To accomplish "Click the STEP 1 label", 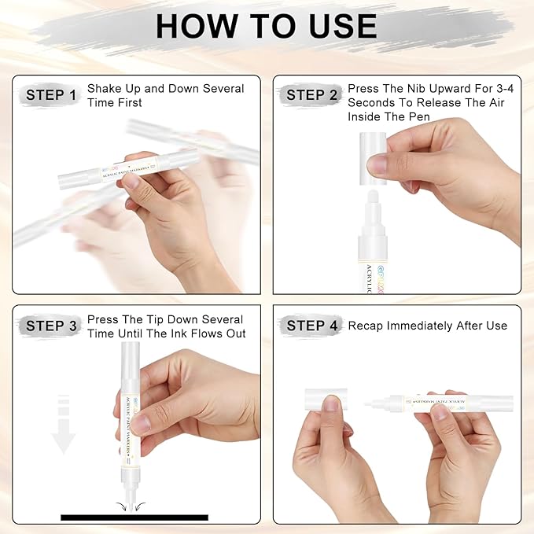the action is tap(51, 95).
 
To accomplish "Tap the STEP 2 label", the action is tap(311, 95).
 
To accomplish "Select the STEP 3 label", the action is tap(51, 326).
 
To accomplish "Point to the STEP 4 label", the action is tap(311, 326).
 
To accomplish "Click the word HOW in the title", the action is tap(197, 26).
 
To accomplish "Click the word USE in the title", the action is tap(343, 26).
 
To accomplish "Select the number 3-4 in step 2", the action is tap(505, 89).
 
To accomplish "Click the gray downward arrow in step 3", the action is tap(64, 424).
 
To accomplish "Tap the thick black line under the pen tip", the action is tap(134, 517).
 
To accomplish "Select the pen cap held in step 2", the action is tap(373, 158).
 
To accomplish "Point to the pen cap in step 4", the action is tap(326, 400).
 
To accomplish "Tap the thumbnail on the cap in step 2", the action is tap(377, 165).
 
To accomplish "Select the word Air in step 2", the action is tap(497, 102).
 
